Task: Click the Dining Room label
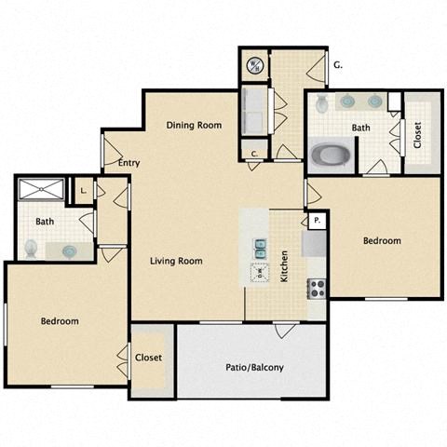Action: tap(194, 125)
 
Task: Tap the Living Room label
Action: tap(177, 261)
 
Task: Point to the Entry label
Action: tap(129, 163)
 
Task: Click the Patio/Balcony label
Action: tap(253, 367)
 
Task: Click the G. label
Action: tap(338, 64)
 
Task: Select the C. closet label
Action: tap(254, 154)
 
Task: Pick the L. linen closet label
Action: tap(83, 190)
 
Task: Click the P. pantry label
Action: tap(318, 220)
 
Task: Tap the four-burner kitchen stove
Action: tap(317, 288)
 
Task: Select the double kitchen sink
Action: tap(260, 247)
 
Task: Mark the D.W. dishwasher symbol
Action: tap(260, 272)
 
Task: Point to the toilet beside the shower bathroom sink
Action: tap(31, 248)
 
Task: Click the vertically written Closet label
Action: tap(416, 135)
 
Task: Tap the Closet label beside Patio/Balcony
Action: tap(149, 358)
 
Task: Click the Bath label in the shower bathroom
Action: tap(45, 222)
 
